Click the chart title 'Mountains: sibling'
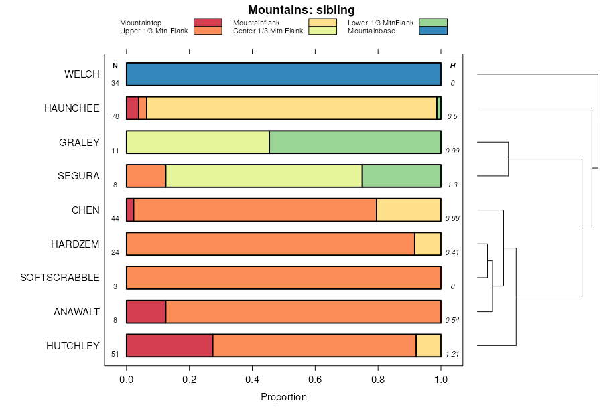tap(301, 10)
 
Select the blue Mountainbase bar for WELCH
tap(283, 74)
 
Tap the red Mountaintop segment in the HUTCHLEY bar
tap(170, 345)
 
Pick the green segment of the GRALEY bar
tap(355, 142)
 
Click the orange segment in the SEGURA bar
tap(146, 176)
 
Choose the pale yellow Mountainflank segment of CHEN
tap(409, 210)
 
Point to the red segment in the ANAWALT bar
tap(146, 311)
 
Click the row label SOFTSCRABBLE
tap(60, 278)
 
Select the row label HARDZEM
tap(75, 244)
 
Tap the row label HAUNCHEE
tap(72, 108)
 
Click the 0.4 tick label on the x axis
tap(253, 380)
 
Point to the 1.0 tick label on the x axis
tap(441, 380)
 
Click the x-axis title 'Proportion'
tap(283, 397)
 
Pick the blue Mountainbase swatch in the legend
tap(433, 31)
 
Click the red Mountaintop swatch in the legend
tap(208, 23)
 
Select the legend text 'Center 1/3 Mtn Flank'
tap(267, 31)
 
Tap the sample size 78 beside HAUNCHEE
tap(115, 117)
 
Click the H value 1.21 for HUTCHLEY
tap(453, 354)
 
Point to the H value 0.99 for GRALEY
tap(453, 151)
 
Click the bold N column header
tap(115, 66)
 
